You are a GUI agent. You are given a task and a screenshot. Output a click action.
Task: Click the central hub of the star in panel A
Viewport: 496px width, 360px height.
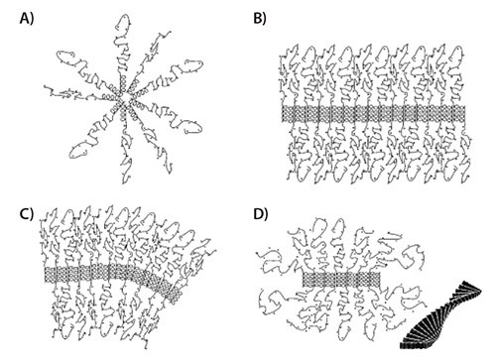tap(121, 98)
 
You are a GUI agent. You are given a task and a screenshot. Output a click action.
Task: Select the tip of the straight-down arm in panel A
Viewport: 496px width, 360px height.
tap(127, 173)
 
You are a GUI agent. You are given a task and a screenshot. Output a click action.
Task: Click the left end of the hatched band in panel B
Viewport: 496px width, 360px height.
tap(284, 115)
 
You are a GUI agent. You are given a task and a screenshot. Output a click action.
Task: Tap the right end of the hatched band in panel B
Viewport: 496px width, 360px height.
tap(466, 115)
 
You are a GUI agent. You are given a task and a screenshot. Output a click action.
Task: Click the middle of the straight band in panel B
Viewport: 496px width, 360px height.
tap(375, 115)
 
